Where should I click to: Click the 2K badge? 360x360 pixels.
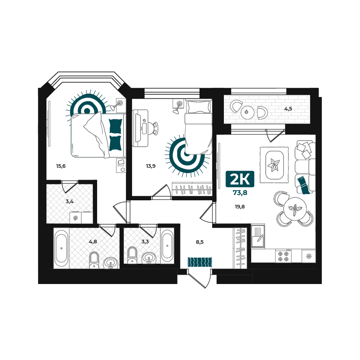240,179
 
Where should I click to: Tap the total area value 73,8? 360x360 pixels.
240,193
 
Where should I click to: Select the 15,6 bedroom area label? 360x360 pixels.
61,166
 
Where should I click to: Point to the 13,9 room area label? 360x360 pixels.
151,166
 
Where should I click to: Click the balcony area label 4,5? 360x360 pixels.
288,109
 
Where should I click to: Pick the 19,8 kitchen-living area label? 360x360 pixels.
240,207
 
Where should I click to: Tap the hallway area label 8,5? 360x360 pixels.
200,242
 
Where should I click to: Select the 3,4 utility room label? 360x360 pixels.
69,202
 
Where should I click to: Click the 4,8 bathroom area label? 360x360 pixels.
93,241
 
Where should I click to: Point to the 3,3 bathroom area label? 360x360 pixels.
145,241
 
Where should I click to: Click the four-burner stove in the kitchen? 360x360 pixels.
283,256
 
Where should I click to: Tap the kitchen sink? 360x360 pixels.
258,236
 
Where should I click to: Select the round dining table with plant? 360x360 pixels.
295,209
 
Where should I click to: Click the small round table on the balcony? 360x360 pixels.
247,113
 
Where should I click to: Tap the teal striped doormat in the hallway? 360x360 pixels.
200,262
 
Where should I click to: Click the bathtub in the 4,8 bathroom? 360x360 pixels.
61,248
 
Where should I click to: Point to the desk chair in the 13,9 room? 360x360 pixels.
153,128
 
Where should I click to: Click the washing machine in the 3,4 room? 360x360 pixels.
76,218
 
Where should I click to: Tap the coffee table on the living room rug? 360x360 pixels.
274,165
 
